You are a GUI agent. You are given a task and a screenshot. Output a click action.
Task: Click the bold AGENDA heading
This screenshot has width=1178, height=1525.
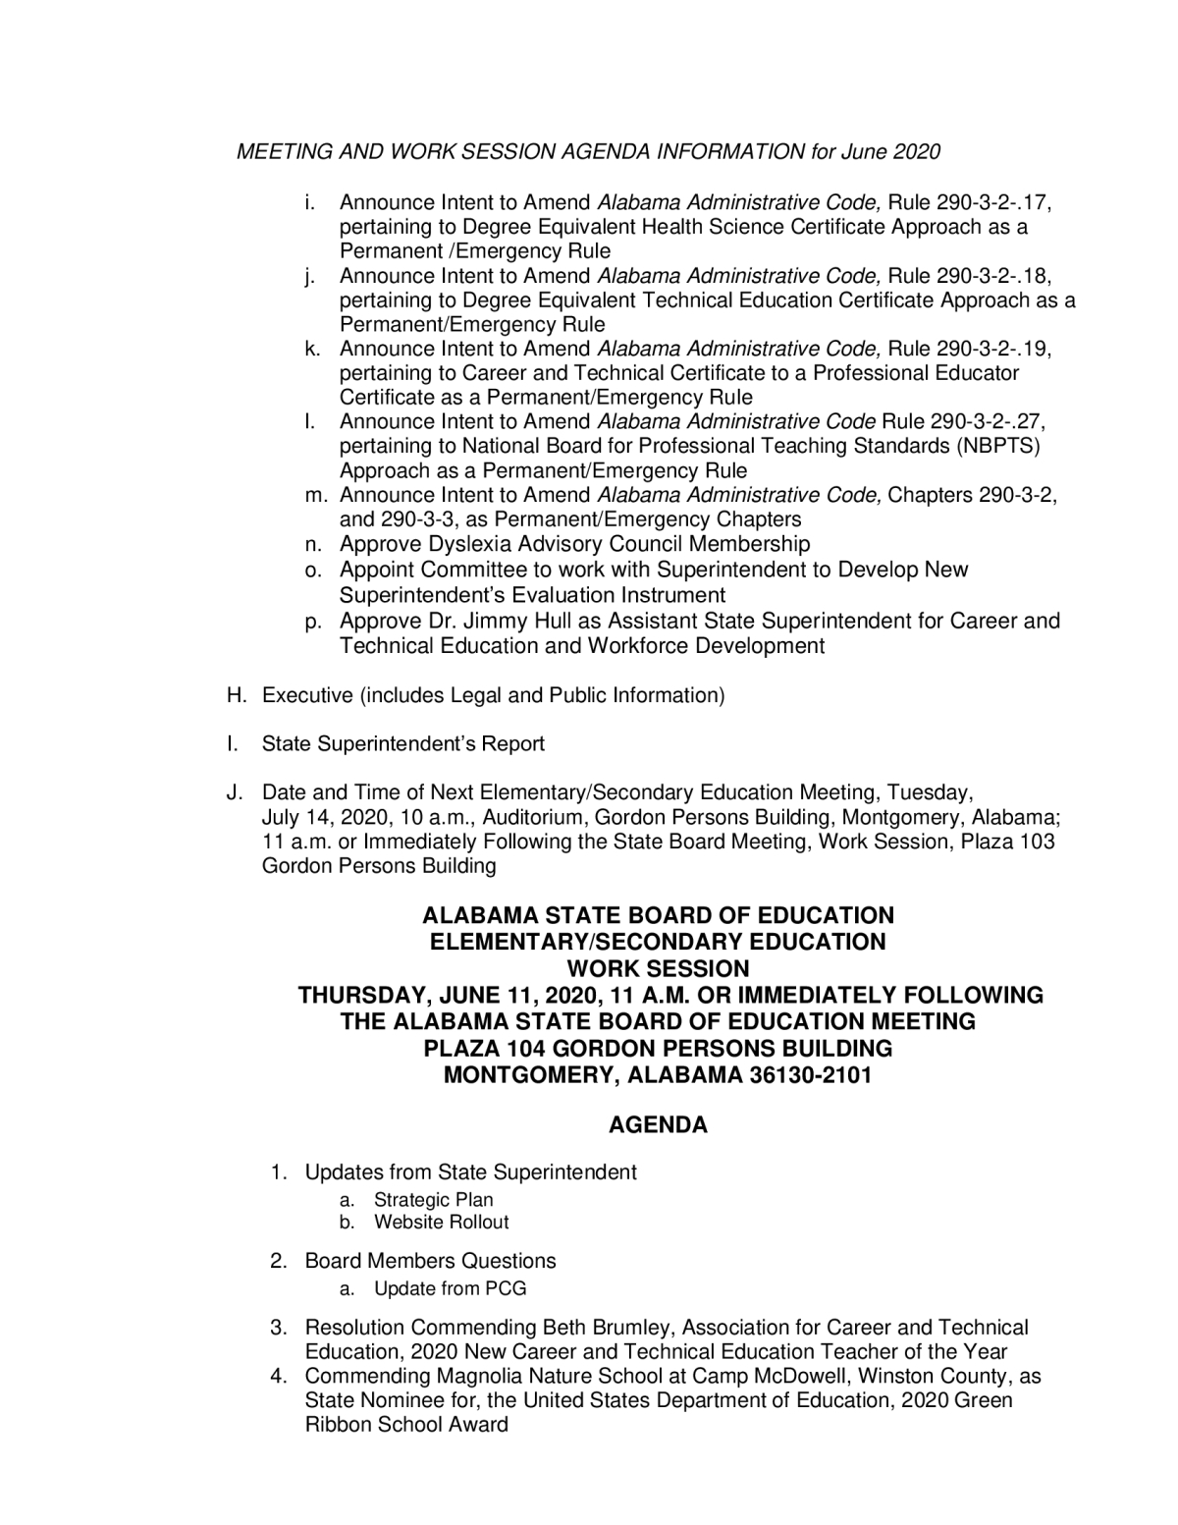click(658, 1125)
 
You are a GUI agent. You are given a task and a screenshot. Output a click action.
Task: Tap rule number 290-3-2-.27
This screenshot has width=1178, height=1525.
click(988, 422)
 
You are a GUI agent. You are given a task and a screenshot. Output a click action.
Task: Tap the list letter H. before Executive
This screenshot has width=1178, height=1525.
click(236, 696)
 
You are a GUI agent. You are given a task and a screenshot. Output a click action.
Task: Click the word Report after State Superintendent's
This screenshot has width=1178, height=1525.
click(512, 744)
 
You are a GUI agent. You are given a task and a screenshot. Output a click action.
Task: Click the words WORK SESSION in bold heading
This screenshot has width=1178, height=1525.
click(658, 968)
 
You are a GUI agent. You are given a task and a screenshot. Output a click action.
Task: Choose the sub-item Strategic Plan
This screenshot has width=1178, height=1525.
click(433, 1200)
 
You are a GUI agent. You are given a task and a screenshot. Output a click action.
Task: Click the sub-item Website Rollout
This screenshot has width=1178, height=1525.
click(441, 1223)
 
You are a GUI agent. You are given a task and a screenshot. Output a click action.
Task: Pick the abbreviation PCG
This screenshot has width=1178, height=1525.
click(506, 1288)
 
